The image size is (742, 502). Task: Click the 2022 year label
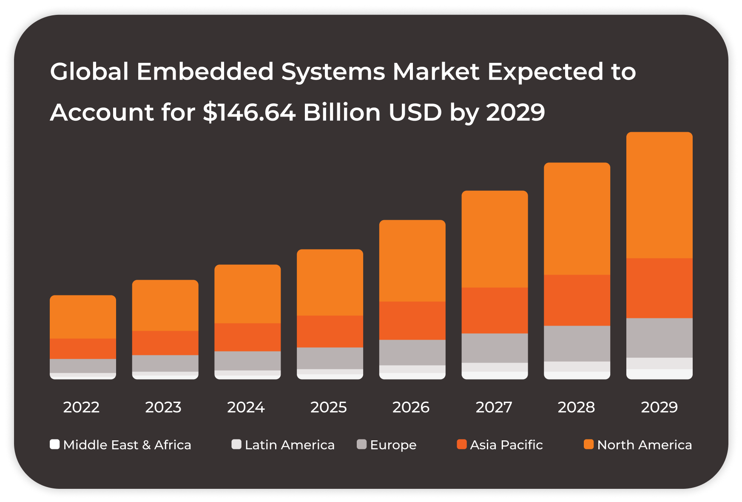click(x=81, y=407)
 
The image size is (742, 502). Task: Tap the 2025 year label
click(x=328, y=407)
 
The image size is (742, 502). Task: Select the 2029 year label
click(x=659, y=407)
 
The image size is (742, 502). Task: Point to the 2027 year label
click(x=494, y=407)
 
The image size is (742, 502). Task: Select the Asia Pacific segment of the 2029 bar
click(x=659, y=288)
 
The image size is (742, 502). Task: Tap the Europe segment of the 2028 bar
click(x=577, y=343)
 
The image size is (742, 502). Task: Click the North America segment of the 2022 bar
click(x=83, y=317)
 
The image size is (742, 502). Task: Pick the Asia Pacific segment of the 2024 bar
click(x=247, y=337)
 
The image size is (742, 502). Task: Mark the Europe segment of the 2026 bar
click(x=412, y=352)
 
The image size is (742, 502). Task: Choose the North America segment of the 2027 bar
click(x=495, y=239)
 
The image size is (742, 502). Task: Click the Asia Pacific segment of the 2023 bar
click(x=165, y=343)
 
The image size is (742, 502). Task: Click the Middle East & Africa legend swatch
click(x=54, y=444)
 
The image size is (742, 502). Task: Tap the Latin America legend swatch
click(x=236, y=444)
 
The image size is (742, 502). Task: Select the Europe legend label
click(x=393, y=445)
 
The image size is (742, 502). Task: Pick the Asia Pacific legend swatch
click(x=461, y=444)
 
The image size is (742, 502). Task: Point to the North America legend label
click(x=644, y=445)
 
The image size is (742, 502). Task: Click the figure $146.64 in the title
click(x=249, y=112)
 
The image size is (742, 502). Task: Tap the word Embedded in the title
click(x=205, y=71)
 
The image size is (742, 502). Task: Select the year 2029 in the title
click(x=515, y=112)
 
